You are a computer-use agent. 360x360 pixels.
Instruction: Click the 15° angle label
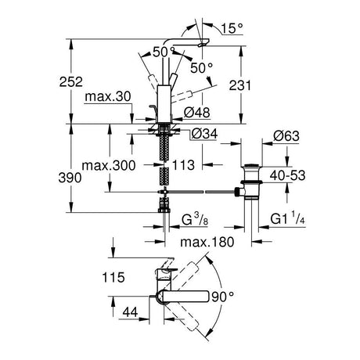pos(232,28)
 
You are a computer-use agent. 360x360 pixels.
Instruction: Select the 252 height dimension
pos(71,82)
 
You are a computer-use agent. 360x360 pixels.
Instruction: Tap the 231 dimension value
pos(240,85)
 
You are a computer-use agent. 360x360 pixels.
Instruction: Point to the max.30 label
pos(108,97)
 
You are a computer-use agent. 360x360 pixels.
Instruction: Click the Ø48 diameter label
pos(197,113)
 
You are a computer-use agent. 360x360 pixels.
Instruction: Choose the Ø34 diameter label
pos(204,134)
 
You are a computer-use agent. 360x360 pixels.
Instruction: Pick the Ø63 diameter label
pos(286,136)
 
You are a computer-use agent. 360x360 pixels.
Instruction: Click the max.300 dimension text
pos(109,166)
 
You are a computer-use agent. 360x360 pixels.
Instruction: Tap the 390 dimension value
pos(70,178)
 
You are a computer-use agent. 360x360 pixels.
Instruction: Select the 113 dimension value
pos(183,165)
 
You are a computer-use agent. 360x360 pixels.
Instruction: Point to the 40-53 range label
pos(287,175)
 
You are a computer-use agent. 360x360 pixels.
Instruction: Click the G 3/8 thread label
pos(195,219)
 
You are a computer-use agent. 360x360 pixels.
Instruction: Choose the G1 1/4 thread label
pos(287,218)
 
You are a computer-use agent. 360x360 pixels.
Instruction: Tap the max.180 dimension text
pos(207,242)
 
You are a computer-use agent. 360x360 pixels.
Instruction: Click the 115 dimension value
pos(113,277)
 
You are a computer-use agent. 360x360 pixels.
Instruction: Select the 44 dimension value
pos(130,311)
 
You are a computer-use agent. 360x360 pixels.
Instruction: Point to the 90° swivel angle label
pos(222,297)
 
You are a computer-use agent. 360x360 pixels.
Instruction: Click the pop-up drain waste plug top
pos(251,165)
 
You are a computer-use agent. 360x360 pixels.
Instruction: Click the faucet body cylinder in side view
pos(164,103)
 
